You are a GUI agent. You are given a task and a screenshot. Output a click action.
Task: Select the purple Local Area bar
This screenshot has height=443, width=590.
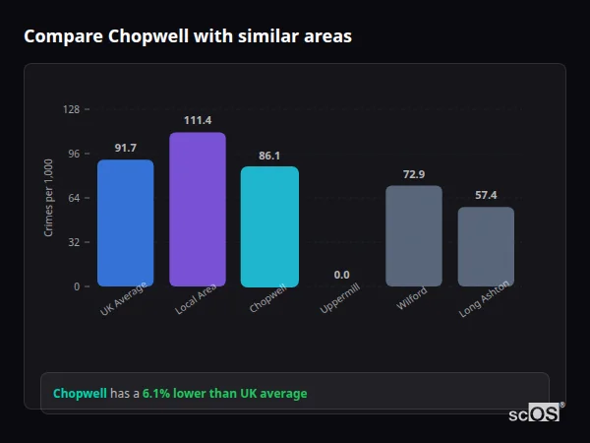tap(197, 210)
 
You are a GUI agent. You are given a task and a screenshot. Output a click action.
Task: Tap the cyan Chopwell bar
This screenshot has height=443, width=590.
tap(269, 226)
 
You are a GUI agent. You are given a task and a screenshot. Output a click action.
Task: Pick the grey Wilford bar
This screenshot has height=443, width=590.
tap(413, 236)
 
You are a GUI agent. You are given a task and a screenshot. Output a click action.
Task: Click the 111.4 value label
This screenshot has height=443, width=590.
tap(197, 120)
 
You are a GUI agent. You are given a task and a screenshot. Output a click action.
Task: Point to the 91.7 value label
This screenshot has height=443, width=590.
tap(125, 148)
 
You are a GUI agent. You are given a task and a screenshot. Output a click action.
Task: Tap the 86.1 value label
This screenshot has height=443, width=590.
tap(269, 155)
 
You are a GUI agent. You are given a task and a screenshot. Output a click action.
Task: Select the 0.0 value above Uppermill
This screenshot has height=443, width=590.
tap(341, 275)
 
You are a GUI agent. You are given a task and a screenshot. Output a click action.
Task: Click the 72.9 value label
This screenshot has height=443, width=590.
tap(413, 174)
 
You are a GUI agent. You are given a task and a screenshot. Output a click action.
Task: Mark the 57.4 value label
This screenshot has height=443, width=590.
tap(486, 195)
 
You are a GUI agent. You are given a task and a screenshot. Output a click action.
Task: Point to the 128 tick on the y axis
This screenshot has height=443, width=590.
tap(71, 109)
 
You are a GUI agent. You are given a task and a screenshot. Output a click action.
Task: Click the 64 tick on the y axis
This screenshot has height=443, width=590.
tap(74, 198)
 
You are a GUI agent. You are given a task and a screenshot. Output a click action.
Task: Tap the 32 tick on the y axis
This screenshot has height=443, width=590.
tap(74, 242)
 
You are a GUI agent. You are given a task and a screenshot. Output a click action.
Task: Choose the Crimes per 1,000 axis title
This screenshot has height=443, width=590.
tap(48, 197)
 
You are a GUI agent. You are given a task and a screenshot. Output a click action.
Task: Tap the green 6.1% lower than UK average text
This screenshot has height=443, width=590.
tap(224, 394)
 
